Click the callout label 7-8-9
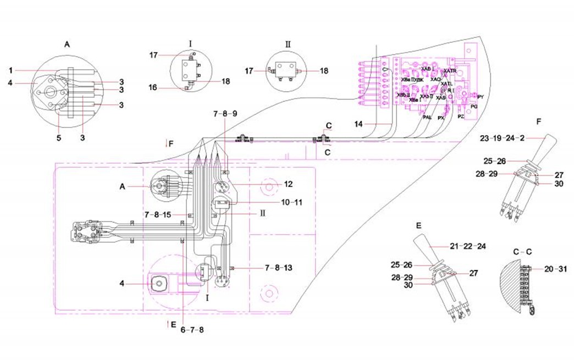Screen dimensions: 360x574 click(x=225, y=114)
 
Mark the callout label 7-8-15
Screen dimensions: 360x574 click(x=158, y=214)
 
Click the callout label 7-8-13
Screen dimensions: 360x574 click(x=279, y=268)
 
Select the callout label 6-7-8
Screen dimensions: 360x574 click(x=192, y=330)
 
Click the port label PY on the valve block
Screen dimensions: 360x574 click(x=480, y=97)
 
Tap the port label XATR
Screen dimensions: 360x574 click(x=449, y=71)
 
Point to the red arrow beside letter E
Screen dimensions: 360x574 click(x=168, y=324)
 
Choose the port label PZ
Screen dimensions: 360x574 click(x=461, y=117)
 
